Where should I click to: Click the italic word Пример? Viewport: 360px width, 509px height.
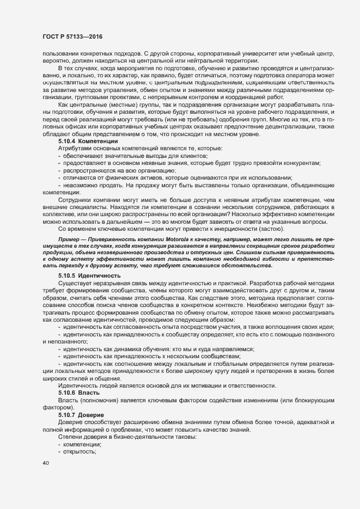coord(69,239)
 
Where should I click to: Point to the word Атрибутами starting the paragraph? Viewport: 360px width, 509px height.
coord(75,149)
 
